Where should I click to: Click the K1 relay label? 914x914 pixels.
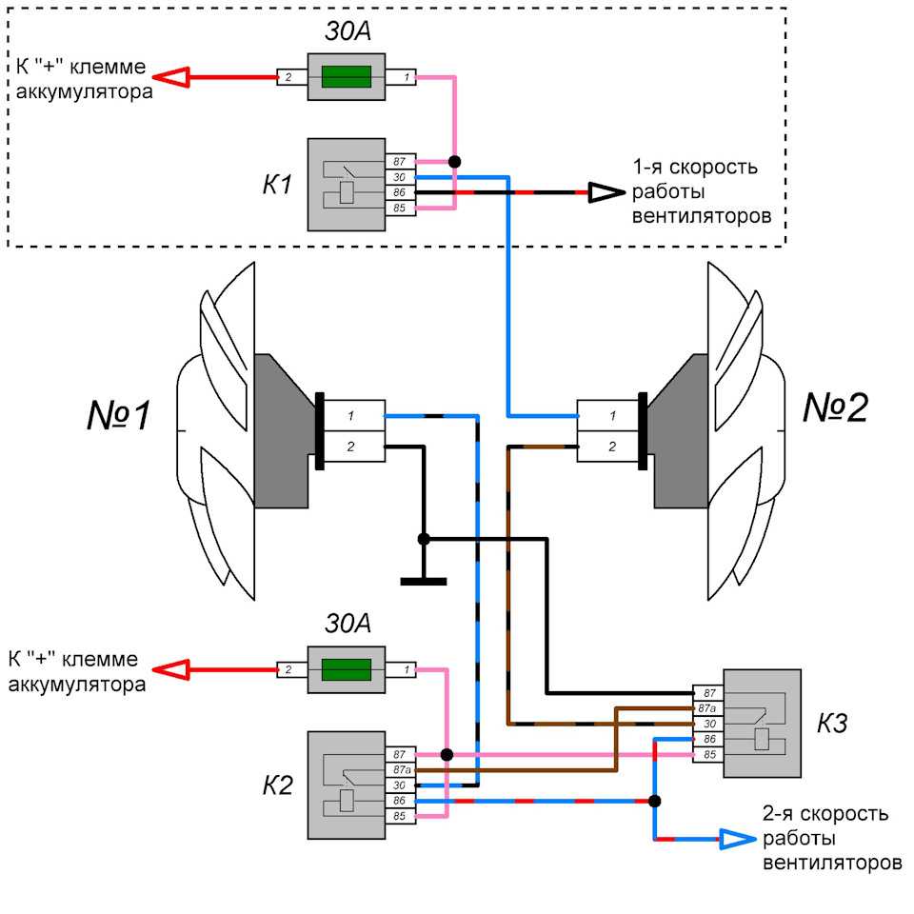click(277, 184)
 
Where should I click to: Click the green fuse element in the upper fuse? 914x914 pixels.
click(346, 77)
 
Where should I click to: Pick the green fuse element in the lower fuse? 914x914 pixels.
click(346, 670)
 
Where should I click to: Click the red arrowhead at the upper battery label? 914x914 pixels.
click(172, 77)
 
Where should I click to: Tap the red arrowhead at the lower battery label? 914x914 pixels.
click(172, 670)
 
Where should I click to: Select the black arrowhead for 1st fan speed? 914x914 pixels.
click(602, 192)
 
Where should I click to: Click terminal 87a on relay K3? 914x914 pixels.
click(706, 708)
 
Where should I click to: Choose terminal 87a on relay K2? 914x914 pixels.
click(401, 769)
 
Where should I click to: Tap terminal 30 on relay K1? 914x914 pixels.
click(401, 177)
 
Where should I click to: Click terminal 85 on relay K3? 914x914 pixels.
click(708, 755)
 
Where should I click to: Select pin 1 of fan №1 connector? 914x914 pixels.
click(351, 416)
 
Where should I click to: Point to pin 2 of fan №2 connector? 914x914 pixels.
click(611, 446)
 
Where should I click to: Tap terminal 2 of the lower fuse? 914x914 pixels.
click(287, 670)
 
